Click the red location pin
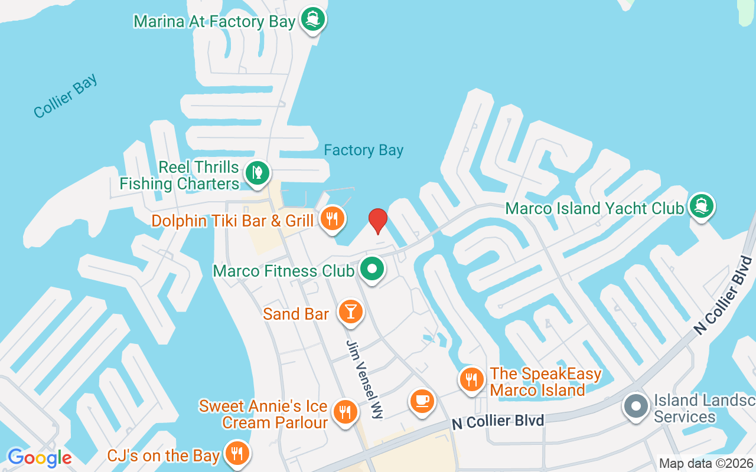pos(377,221)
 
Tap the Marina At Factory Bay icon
pos(312,19)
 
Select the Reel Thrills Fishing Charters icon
pos(258,173)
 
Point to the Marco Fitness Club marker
pos(372,269)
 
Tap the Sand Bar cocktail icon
pos(351,312)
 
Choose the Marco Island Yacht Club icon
pos(701,206)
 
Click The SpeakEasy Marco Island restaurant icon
pos(471,379)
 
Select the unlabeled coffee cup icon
pos(422,402)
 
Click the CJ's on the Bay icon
pos(237,454)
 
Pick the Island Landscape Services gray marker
pos(636,407)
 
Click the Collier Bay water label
pos(66,96)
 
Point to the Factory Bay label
pos(363,150)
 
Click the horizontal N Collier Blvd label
pos(497,421)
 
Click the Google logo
pos(40,458)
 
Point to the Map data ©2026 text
pos(706,464)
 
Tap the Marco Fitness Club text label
pos(283,271)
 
